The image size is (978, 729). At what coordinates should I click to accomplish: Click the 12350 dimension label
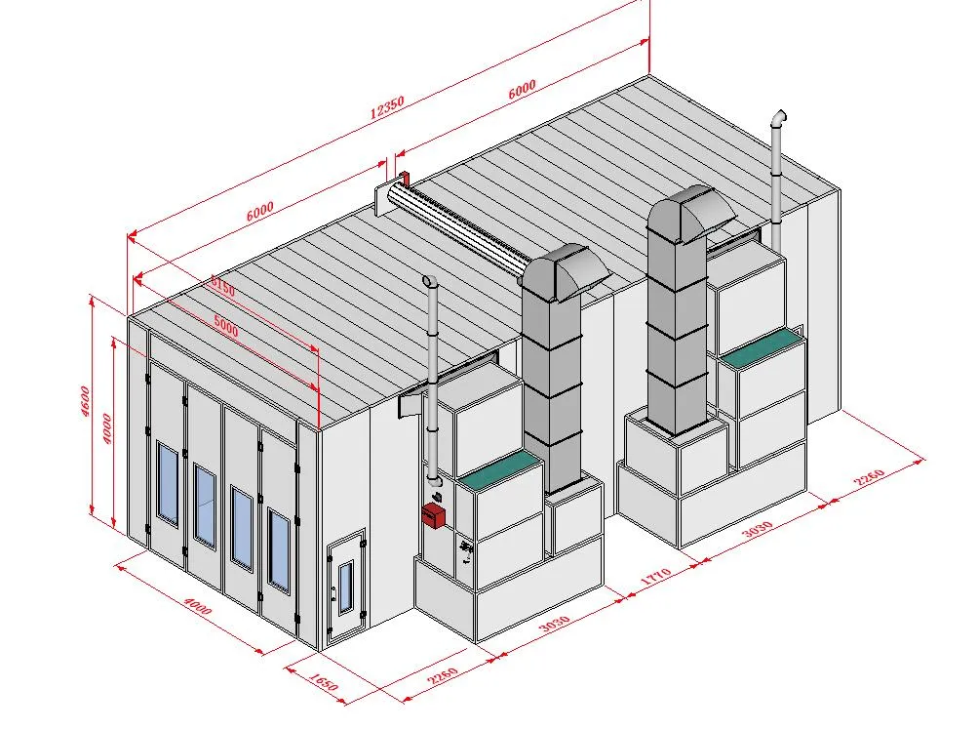point(387,106)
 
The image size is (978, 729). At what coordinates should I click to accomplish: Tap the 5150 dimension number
point(222,288)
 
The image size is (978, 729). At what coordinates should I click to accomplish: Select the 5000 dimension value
point(226,326)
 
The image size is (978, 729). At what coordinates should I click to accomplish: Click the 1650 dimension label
point(323,681)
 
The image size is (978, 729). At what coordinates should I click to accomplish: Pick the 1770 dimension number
point(656,576)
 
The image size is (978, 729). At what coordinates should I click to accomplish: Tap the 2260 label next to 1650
point(444,675)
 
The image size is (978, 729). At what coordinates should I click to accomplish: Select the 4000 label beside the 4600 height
point(106,428)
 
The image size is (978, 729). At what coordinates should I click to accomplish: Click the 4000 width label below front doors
point(198,606)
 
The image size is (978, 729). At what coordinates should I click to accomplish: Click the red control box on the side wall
point(433,515)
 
